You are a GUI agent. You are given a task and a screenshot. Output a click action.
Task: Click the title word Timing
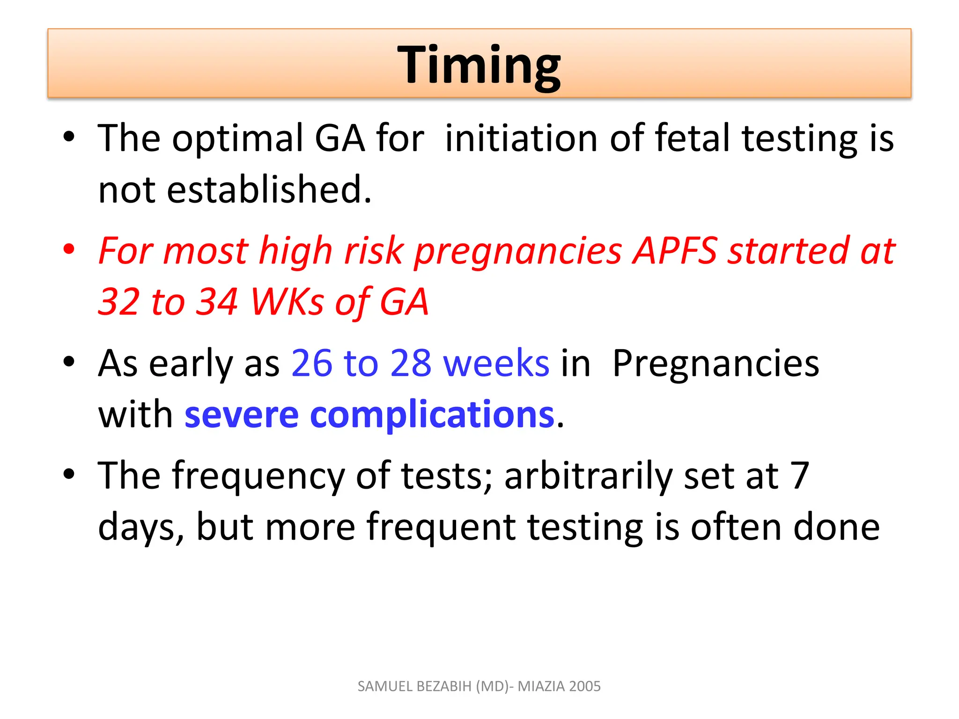[479, 65]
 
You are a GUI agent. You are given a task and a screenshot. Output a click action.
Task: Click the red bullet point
[69, 249]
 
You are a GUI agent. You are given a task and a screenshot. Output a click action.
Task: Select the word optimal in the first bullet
[237, 139]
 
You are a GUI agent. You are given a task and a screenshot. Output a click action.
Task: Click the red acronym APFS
[675, 251]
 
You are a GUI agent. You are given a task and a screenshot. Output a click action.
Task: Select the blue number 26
[311, 363]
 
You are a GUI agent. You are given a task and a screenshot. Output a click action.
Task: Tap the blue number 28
[411, 363]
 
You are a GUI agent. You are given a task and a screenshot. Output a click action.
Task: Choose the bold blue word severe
[241, 415]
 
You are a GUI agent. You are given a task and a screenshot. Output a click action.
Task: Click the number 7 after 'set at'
[800, 476]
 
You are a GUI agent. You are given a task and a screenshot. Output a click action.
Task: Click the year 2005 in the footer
[585, 686]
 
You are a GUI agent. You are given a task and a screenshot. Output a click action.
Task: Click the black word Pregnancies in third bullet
[716, 363]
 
